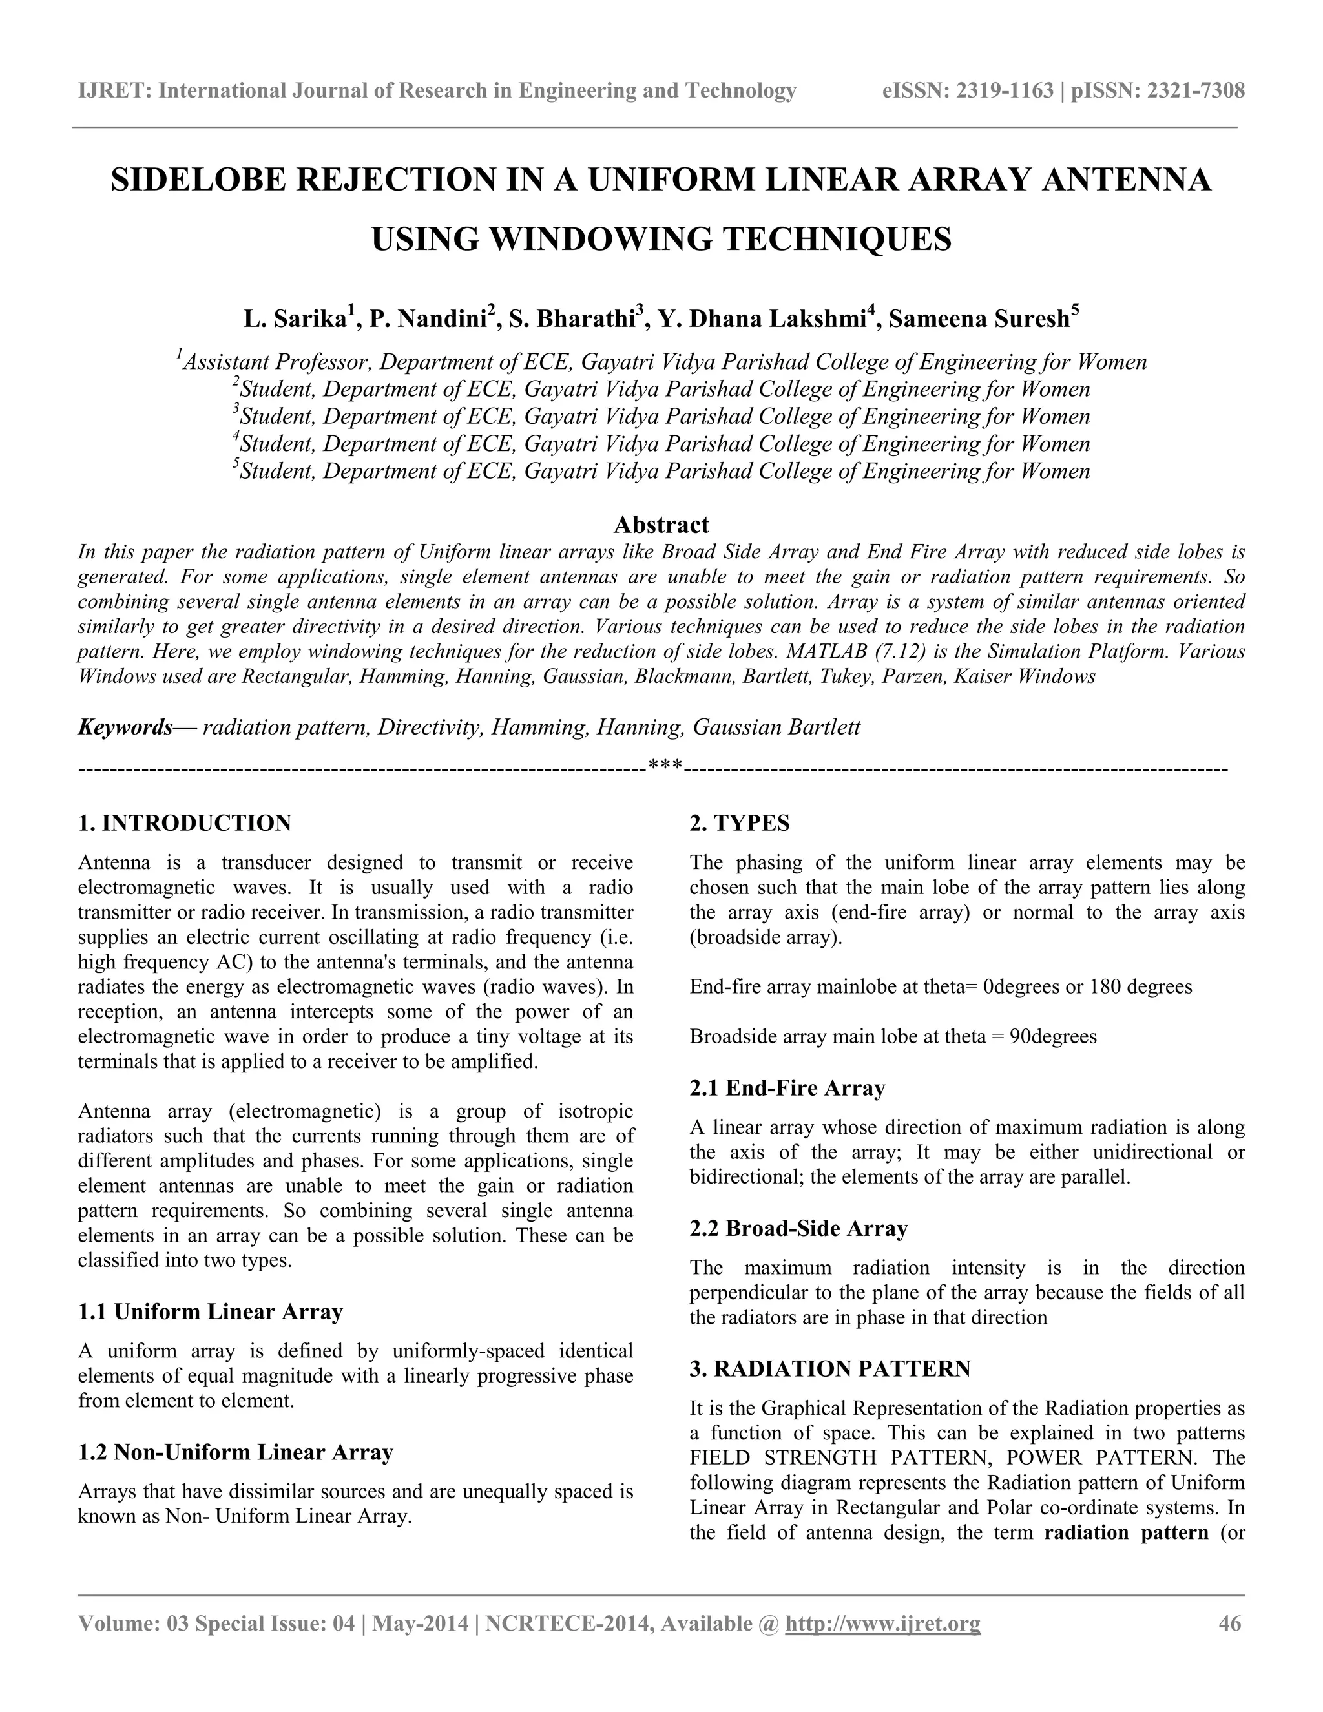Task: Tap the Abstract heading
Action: pyautogui.click(x=661, y=525)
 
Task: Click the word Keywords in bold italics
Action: pyautogui.click(x=125, y=727)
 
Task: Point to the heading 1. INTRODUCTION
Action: pyautogui.click(x=185, y=823)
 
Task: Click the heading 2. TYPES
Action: pyautogui.click(x=739, y=823)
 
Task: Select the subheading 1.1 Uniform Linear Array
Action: pyautogui.click(x=210, y=1311)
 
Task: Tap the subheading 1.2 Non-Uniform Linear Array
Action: pyautogui.click(x=235, y=1452)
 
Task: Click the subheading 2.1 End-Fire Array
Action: pyautogui.click(x=787, y=1088)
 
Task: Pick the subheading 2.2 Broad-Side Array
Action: pyautogui.click(x=798, y=1228)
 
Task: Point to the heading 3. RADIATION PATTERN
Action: pyautogui.click(x=829, y=1369)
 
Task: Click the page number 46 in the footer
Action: pyautogui.click(x=1230, y=1623)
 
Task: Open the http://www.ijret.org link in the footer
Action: pyautogui.click(x=882, y=1623)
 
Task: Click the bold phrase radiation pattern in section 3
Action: pyautogui.click(x=1125, y=1532)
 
